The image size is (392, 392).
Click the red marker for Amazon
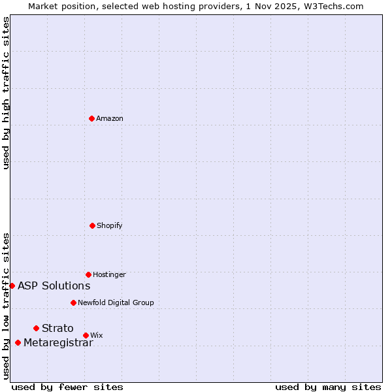pyautogui.click(x=91, y=118)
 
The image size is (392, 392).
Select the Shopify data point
pyautogui.click(x=92, y=225)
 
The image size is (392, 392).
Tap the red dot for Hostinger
pyautogui.click(x=88, y=274)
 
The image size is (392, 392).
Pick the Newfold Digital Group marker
pyautogui.click(x=73, y=302)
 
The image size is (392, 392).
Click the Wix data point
pyautogui.click(x=86, y=335)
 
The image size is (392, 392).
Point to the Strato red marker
pyautogui.click(x=36, y=328)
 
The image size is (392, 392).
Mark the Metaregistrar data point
pyautogui.click(x=18, y=343)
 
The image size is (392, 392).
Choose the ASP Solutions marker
pyautogui.click(x=12, y=286)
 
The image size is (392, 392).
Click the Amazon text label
pyautogui.click(x=110, y=119)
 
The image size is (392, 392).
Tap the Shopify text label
pyautogui.click(x=110, y=226)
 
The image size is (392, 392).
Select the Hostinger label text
pyautogui.click(x=109, y=275)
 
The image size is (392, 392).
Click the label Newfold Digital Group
pyautogui.click(x=116, y=303)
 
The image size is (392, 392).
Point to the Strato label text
pyautogui.click(x=57, y=329)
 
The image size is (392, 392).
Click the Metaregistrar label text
pyautogui.click(x=58, y=344)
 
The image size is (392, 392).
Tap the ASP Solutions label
pyautogui.click(x=54, y=286)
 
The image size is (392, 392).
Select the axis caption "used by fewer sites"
pyautogui.click(x=67, y=387)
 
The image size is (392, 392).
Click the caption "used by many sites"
pyautogui.click(x=328, y=387)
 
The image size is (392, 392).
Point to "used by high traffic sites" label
pyautogui.click(x=6, y=93)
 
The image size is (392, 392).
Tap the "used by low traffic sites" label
pyautogui.click(x=6, y=306)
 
